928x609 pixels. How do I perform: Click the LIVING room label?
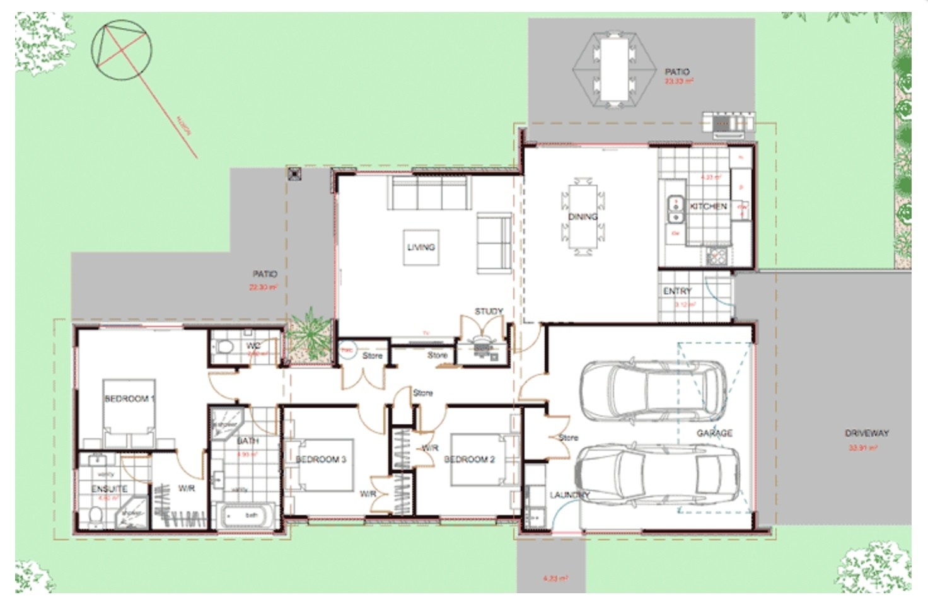click(x=420, y=247)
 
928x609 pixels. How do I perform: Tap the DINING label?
click(x=583, y=216)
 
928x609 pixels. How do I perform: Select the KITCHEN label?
click(x=708, y=206)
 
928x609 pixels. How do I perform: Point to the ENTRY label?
click(x=677, y=291)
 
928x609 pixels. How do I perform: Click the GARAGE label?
click(x=714, y=433)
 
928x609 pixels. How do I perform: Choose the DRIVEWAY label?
click(x=866, y=433)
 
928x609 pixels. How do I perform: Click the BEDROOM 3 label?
click(x=321, y=459)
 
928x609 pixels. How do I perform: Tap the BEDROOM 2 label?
click(x=470, y=459)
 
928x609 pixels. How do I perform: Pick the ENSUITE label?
click(x=109, y=489)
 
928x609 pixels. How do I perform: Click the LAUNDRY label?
click(x=569, y=495)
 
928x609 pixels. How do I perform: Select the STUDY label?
click(x=489, y=311)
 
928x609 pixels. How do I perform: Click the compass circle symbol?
click(x=122, y=50)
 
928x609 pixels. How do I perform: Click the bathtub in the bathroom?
click(x=246, y=516)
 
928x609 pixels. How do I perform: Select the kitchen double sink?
click(x=675, y=210)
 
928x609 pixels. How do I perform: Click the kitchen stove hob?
click(x=716, y=255)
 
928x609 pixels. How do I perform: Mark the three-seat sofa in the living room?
click(x=429, y=193)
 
